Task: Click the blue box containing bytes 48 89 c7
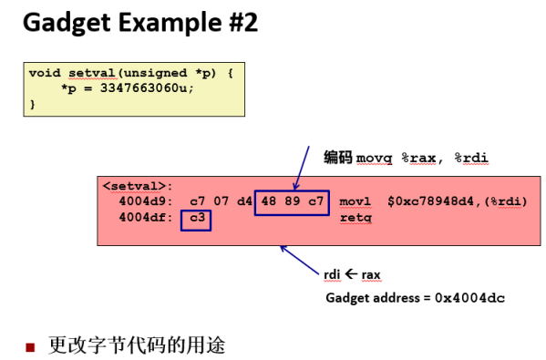[x=290, y=201]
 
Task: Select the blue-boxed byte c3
[x=196, y=219]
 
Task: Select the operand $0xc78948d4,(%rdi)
[x=458, y=201]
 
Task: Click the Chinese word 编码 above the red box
[x=337, y=158]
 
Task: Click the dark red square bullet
[x=30, y=347]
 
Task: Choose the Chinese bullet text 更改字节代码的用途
[x=137, y=346]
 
